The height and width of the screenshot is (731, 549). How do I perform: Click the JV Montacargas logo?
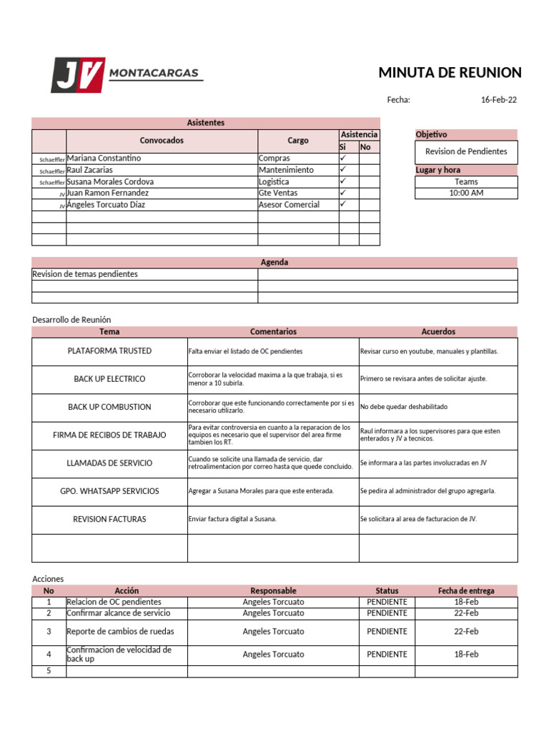tap(126, 75)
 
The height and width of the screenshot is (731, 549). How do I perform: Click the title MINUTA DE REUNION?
tap(450, 73)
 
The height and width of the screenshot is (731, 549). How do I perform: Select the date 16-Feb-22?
tap(498, 100)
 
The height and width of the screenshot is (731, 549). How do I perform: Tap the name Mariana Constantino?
tap(104, 158)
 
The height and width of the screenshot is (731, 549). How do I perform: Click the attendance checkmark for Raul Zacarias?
tap(343, 170)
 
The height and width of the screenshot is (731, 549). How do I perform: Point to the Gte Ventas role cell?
tap(278, 193)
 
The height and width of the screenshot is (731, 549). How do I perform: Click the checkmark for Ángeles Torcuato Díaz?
tap(343, 204)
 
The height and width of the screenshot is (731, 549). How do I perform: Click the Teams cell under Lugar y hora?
tap(466, 182)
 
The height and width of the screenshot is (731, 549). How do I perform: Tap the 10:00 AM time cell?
tap(466, 193)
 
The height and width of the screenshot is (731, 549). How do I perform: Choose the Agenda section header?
tap(274, 263)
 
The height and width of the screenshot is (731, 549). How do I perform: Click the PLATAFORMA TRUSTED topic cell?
tap(109, 351)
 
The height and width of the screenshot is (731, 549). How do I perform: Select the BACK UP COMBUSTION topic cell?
tap(109, 407)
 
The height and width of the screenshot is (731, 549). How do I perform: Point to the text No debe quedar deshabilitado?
tap(404, 407)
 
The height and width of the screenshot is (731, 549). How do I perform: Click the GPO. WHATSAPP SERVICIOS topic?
tap(109, 491)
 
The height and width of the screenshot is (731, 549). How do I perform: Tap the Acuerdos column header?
tap(438, 332)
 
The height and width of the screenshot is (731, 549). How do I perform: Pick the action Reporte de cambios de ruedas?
tap(120, 632)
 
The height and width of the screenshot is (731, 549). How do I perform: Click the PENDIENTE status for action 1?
tap(387, 602)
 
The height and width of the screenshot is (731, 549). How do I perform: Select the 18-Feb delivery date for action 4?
tap(466, 655)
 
